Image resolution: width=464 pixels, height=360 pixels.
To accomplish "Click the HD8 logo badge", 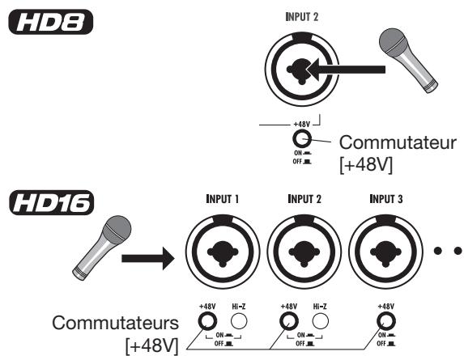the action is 50,22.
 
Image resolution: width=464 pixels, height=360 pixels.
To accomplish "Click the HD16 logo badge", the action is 52,202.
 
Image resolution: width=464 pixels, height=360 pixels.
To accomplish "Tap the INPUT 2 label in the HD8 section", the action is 302,17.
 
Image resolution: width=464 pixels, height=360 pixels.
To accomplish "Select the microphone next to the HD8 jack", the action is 408,60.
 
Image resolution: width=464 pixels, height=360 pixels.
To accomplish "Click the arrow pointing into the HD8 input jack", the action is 347,70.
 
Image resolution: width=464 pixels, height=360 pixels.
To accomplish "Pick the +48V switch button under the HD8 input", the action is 302,138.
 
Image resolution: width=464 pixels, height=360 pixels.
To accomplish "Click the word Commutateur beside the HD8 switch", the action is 398,142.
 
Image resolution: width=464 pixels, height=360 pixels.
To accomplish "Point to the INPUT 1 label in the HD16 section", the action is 222,199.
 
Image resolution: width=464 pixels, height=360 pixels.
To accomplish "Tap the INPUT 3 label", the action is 386,199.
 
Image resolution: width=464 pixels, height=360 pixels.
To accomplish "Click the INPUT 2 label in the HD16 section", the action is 304,199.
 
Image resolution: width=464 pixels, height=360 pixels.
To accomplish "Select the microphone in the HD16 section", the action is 102,248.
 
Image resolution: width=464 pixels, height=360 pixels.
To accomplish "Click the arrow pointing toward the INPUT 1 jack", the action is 148,258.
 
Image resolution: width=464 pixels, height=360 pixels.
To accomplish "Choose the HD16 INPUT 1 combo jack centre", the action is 223,252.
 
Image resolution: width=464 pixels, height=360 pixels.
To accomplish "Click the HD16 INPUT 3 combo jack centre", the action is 386,252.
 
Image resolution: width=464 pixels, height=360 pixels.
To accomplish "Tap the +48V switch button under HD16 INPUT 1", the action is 207,321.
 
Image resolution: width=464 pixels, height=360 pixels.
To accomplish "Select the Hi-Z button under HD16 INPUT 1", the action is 239,321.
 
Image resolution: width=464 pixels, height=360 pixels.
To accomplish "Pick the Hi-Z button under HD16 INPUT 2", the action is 320,321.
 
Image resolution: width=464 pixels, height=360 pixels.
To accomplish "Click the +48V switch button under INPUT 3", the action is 386,321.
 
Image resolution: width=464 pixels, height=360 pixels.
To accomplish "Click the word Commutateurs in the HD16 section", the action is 116,323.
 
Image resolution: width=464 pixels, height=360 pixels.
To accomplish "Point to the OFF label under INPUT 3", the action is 381,344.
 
